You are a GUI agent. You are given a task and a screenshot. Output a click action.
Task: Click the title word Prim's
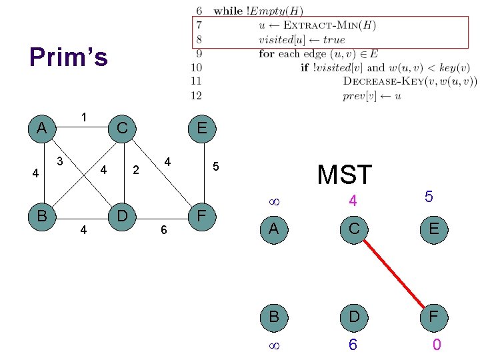coord(69,58)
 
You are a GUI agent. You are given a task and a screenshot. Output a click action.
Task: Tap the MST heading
coord(345,175)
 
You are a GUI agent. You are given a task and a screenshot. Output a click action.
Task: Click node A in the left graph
coord(42,127)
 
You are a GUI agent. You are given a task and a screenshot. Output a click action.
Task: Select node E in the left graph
coord(201,127)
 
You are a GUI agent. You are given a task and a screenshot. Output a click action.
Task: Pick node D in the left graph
coord(122,216)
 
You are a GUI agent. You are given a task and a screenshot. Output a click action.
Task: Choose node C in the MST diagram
coord(353,229)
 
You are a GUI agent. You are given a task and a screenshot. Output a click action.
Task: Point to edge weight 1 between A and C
coord(84,117)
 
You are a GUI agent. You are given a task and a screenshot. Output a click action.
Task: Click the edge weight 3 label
coord(60,161)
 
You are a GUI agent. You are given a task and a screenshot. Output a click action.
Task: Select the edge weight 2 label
coord(135,170)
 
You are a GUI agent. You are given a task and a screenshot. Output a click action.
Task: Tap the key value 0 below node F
coord(436,345)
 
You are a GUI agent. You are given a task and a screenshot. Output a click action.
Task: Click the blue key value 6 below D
coord(353,345)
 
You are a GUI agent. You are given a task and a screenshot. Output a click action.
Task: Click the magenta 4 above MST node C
coord(353,200)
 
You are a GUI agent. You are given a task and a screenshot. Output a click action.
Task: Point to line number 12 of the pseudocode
coord(197,95)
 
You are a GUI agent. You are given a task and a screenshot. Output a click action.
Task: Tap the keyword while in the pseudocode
coord(229,11)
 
